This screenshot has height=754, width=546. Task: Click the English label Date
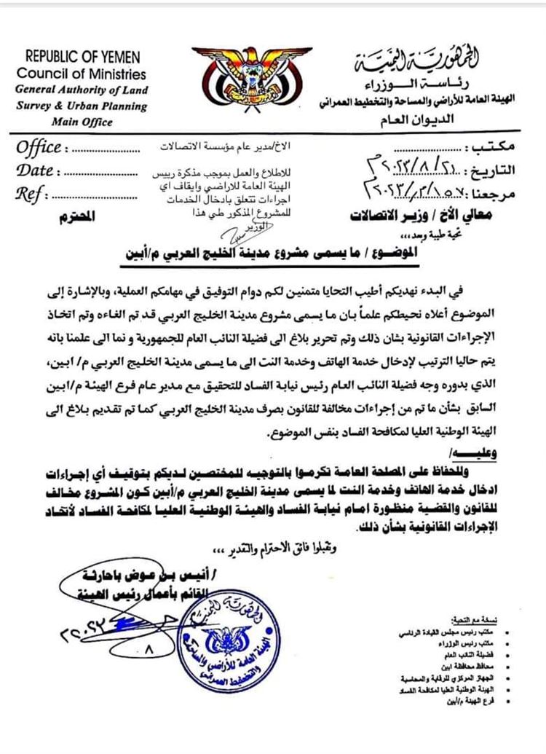click(34, 171)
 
